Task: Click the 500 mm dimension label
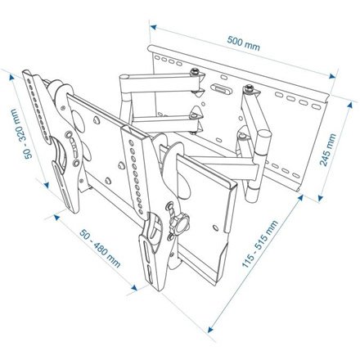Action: click(243, 43)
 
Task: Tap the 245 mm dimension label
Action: click(328, 150)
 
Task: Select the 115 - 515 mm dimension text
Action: click(260, 244)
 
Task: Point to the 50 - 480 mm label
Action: click(100, 248)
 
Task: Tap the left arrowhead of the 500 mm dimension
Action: click(153, 27)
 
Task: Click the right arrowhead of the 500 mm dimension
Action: click(332, 76)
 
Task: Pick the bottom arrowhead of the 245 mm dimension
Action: click(321, 198)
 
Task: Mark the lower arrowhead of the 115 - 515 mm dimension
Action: click(210, 330)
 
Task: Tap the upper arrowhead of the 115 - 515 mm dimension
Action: click(300, 197)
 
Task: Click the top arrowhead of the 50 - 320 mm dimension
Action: click(11, 78)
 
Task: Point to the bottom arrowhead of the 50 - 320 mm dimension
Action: click(47, 185)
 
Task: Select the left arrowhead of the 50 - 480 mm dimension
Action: click(56, 217)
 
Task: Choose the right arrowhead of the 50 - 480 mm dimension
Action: click(133, 287)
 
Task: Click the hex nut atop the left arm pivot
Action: click(194, 72)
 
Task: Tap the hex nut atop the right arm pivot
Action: click(248, 88)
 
